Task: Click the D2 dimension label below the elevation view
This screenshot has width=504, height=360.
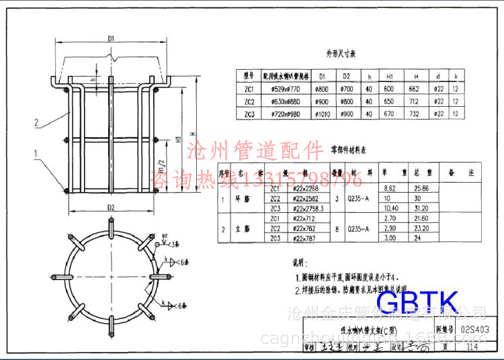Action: [x=110, y=208]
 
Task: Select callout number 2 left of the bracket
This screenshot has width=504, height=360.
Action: [x=34, y=123]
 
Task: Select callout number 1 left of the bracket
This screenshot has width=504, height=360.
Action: [x=34, y=154]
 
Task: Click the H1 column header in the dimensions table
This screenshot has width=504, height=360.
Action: [x=390, y=77]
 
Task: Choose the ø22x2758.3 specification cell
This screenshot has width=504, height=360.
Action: [x=308, y=209]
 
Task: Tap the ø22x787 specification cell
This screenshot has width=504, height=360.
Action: [x=305, y=238]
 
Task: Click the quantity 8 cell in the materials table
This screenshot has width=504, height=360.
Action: [x=337, y=228]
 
